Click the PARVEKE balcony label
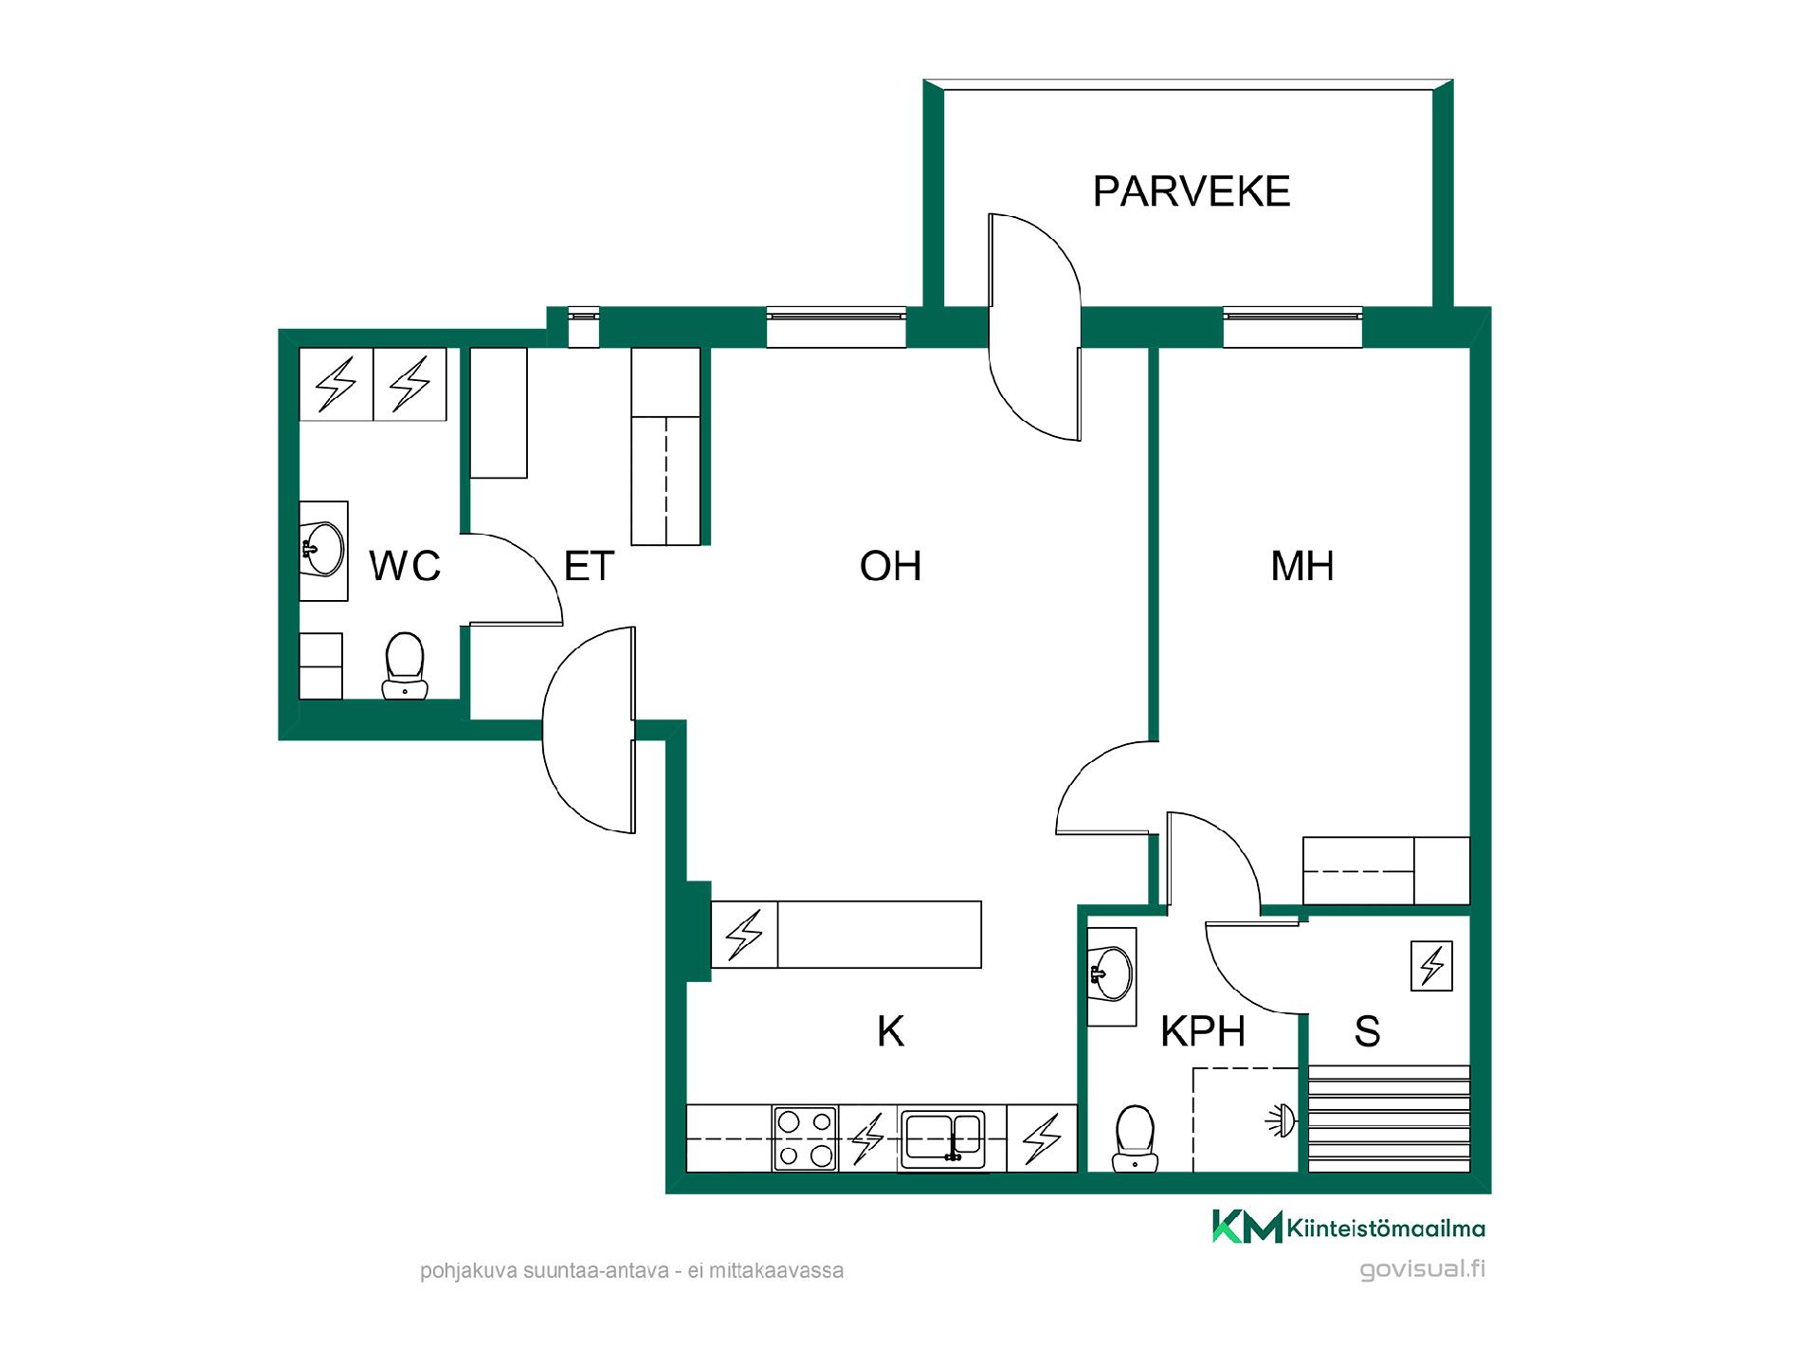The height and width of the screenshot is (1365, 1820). pos(1192,191)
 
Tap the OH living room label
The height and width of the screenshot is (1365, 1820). pos(890,566)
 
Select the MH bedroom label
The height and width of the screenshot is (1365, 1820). pos(1302,566)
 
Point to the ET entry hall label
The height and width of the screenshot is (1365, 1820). pos(589,566)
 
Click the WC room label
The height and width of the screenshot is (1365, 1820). pos(405,566)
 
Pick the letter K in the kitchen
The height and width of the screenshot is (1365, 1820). pos(891,1031)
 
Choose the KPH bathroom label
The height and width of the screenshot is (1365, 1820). pos(1203,1031)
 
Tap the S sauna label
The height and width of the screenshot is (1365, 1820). pos(1367,1031)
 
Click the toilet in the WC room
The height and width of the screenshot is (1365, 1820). pos(405,665)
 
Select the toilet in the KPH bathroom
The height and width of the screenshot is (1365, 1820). pos(1135,1138)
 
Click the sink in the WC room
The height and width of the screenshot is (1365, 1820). pos(323,551)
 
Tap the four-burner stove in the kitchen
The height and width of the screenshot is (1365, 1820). pos(806,1138)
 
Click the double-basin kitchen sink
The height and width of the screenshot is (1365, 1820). pos(943,1137)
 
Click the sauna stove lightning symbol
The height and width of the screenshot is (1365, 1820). pos(1431,966)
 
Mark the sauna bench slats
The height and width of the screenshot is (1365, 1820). pos(1390,1119)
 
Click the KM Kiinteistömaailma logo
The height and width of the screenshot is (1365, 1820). pos(1349,1228)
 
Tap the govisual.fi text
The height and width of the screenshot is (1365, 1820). pos(1422,1269)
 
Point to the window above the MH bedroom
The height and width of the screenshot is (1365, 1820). pos(1293,327)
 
